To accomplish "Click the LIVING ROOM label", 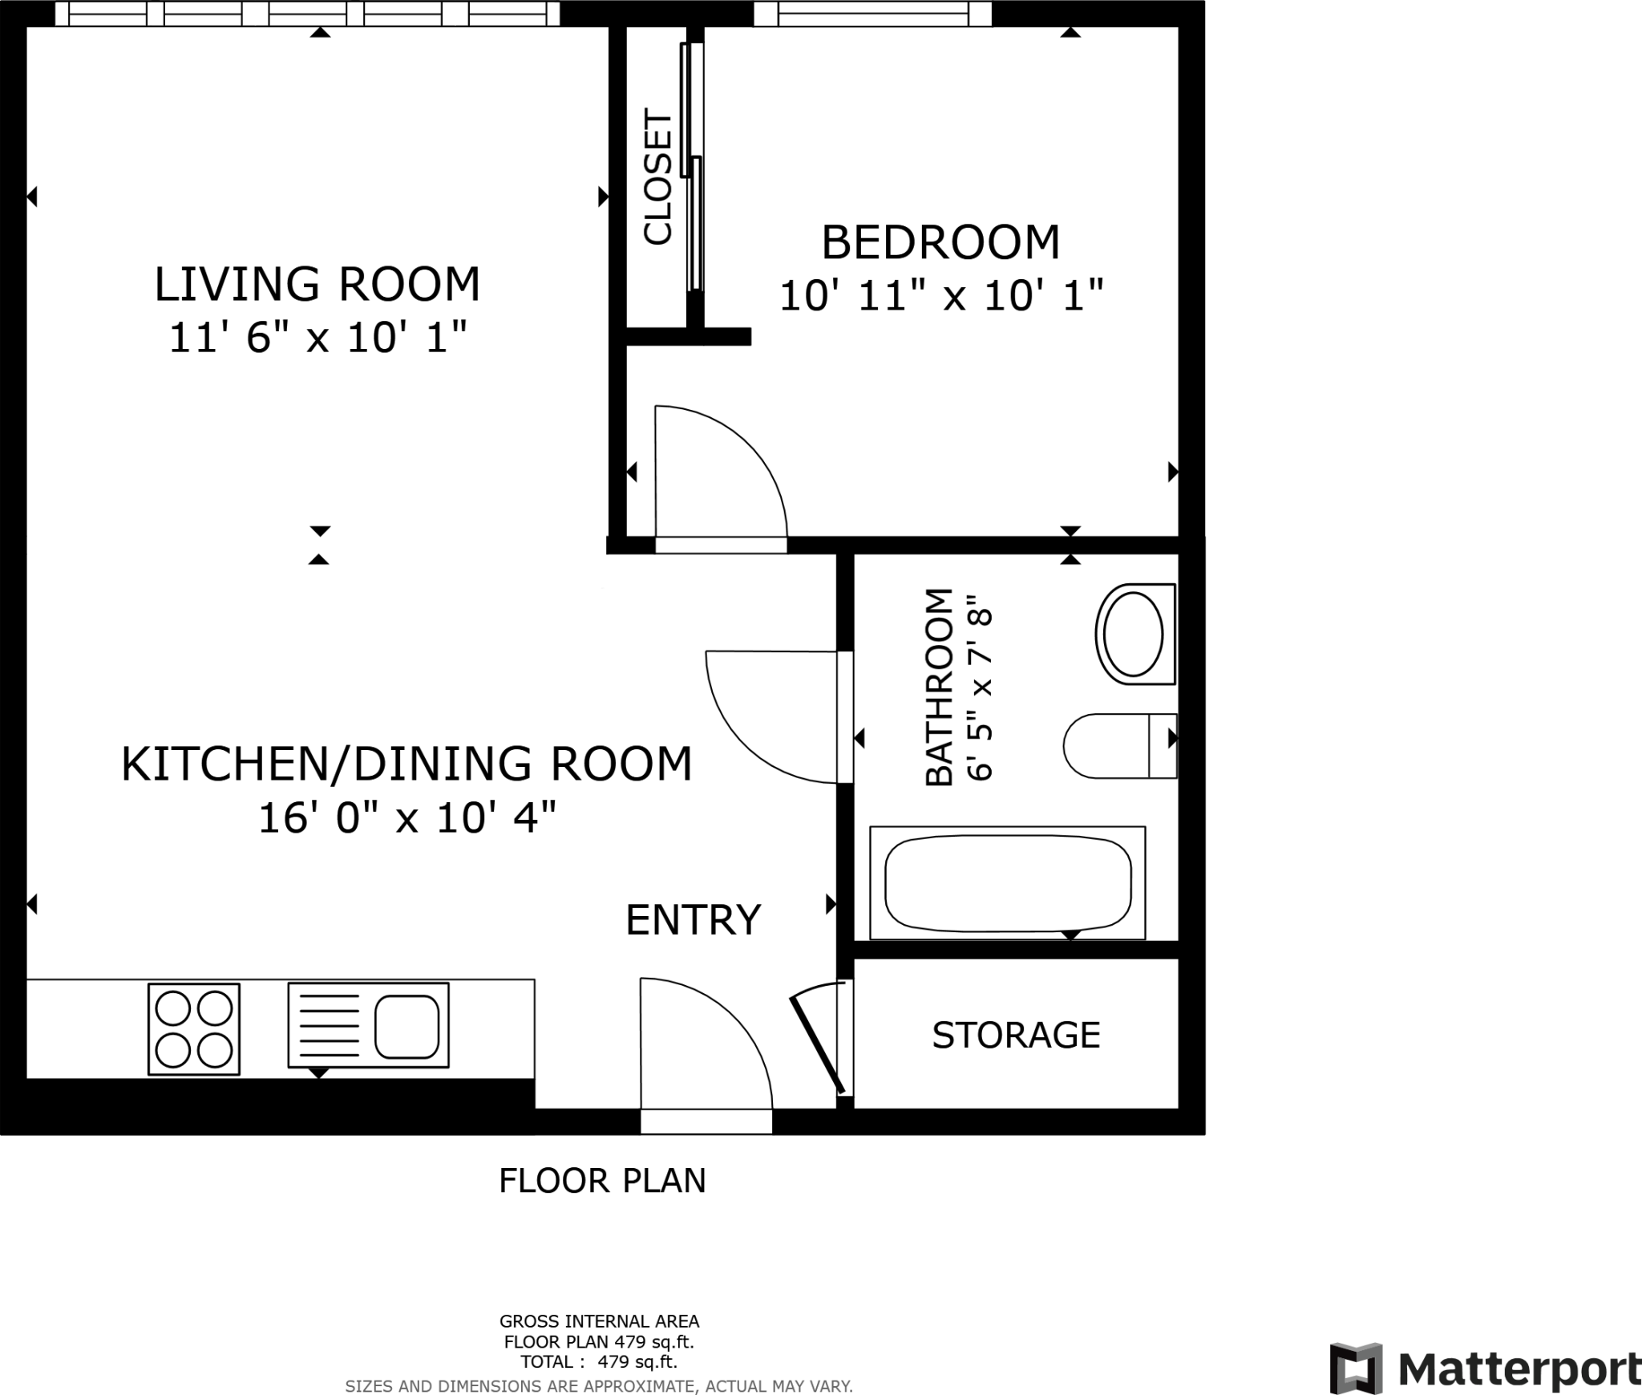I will [x=317, y=285].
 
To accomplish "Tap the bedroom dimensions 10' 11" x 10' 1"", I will [x=941, y=296].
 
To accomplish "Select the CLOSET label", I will [x=657, y=176].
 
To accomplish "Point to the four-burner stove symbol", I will [x=194, y=1029].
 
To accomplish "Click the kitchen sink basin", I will [x=406, y=1026].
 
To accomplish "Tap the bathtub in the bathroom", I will [x=1007, y=882].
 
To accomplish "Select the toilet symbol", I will [x=1118, y=746].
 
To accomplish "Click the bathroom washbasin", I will [x=1134, y=634].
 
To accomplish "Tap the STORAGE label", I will [x=1015, y=1036].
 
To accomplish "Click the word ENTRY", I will [x=693, y=920].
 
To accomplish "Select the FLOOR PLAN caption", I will [x=602, y=1181].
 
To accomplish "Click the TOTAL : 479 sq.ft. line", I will [x=599, y=1361].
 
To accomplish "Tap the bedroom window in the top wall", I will [x=872, y=14].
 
